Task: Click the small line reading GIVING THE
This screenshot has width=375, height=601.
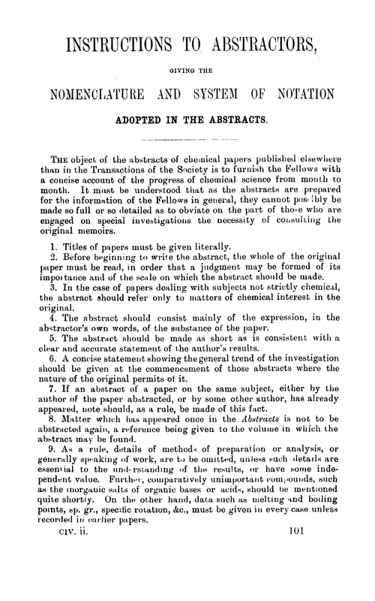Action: click(187, 71)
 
